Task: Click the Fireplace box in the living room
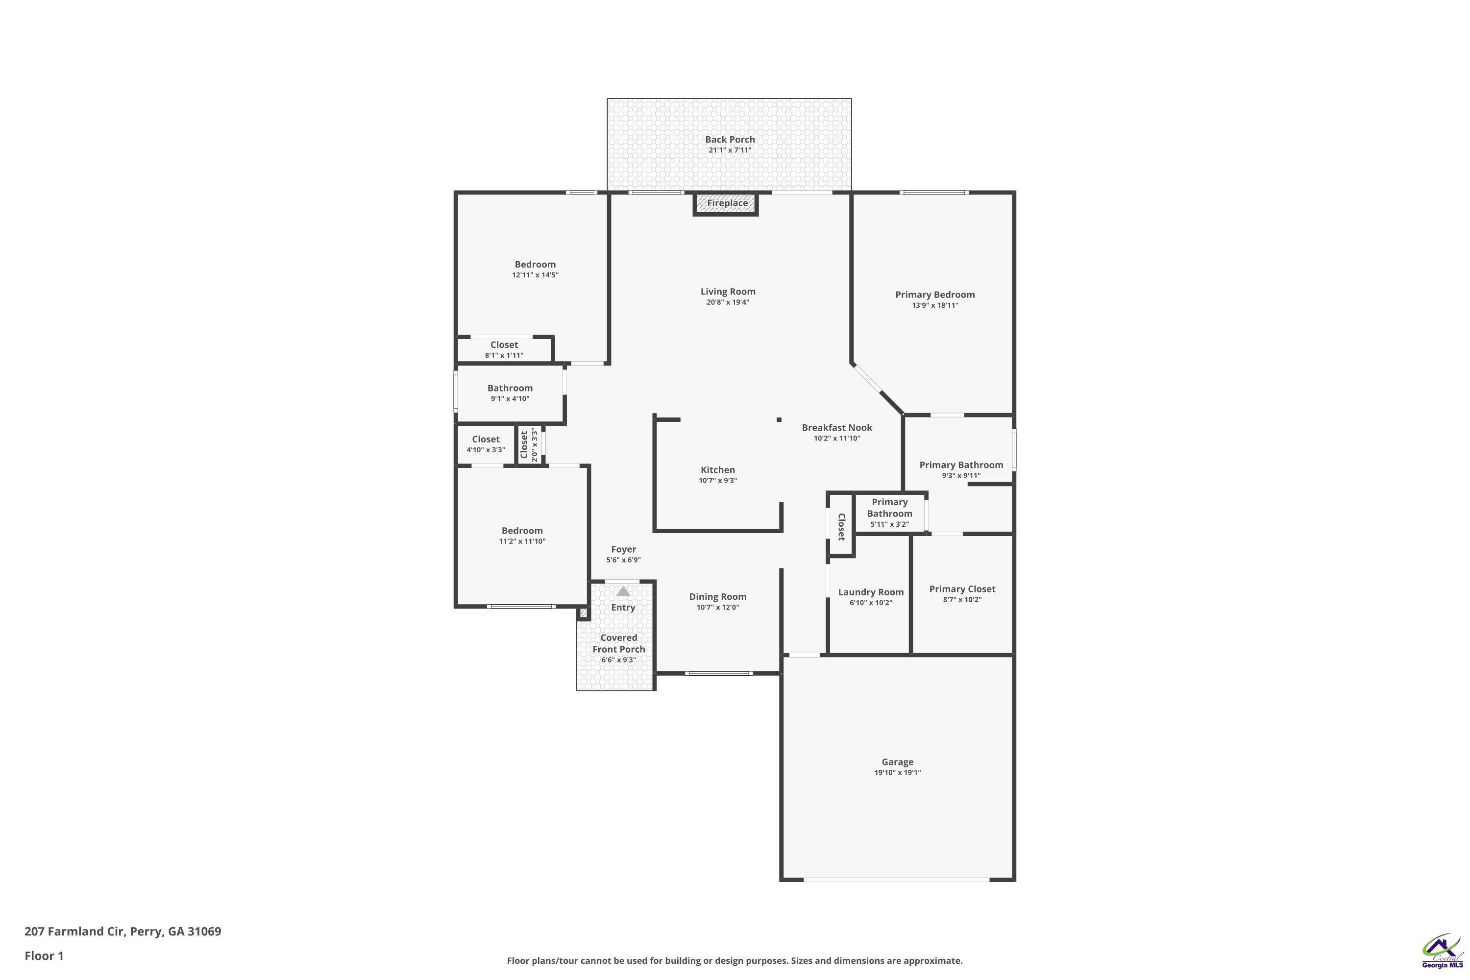[x=726, y=204]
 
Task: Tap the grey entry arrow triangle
[x=623, y=591]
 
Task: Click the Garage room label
[x=898, y=762]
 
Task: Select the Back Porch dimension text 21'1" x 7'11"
[x=730, y=150]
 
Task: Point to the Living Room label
[x=728, y=291]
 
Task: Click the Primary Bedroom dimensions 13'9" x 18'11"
[x=935, y=306]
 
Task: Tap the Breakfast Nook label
[x=837, y=427]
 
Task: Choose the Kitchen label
[x=717, y=470]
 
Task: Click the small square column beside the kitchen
[x=779, y=419]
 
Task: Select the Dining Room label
[x=717, y=597]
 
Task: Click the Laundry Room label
[x=871, y=592]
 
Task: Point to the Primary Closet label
[x=962, y=589]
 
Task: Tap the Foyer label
[x=624, y=549]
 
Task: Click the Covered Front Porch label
[x=619, y=643]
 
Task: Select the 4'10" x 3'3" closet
[x=486, y=444]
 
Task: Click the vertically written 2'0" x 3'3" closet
[x=529, y=445]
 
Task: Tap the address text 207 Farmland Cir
[x=75, y=931]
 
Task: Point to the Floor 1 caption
[x=44, y=955]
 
